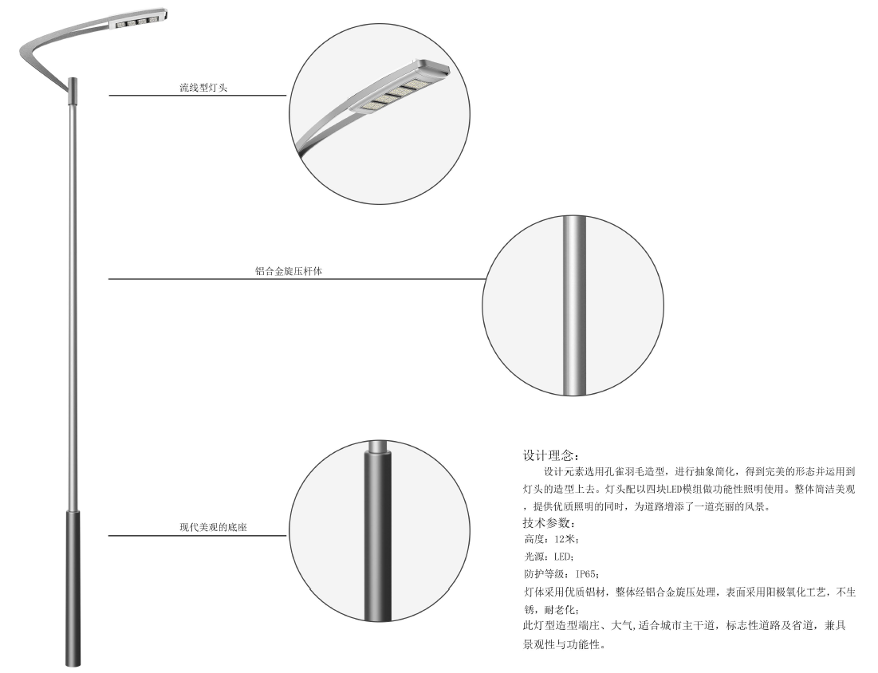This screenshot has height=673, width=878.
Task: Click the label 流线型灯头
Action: click(203, 88)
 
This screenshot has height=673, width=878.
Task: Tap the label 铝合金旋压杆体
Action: click(289, 271)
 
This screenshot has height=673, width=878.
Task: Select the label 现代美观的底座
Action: click(213, 527)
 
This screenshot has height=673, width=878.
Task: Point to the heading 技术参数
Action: click(549, 523)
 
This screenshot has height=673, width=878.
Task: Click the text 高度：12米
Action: click(550, 539)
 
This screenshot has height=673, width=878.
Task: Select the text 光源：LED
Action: click(548, 557)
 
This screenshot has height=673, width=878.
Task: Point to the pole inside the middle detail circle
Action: click(574, 305)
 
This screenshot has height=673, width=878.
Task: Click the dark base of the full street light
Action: click(73, 588)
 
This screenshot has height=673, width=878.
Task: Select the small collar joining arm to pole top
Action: click(73, 91)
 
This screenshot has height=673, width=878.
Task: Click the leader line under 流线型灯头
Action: click(197, 95)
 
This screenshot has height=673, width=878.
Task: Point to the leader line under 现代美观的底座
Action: click(197, 536)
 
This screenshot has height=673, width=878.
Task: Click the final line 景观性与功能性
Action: click(565, 644)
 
